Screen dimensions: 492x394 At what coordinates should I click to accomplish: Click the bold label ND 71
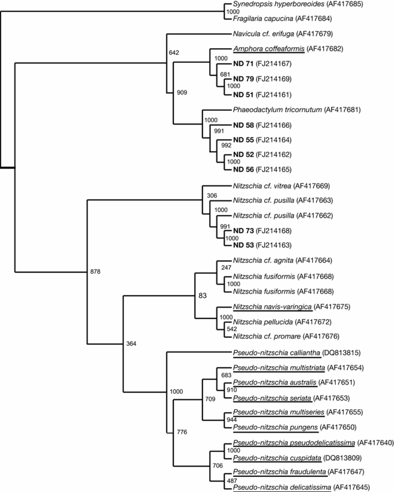click(243, 63)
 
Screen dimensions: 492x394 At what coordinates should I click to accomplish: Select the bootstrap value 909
click(182, 92)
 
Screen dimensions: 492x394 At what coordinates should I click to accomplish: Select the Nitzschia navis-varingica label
click(272, 307)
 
